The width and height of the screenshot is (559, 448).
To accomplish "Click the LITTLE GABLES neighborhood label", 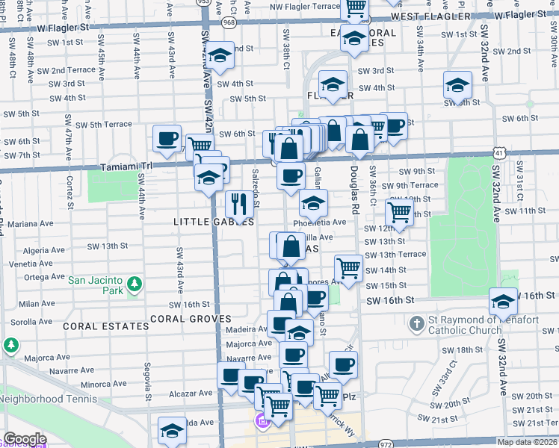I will (214, 222).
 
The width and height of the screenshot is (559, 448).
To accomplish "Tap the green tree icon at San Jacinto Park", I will (134, 284).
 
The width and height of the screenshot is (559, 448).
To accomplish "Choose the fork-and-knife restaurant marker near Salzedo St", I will (238, 203).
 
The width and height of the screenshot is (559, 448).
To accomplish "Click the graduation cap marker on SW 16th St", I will (503, 301).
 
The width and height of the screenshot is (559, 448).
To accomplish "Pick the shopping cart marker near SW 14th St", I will (348, 267).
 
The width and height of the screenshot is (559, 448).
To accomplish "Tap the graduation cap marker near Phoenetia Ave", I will (313, 202).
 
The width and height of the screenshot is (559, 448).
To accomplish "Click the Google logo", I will (25, 440).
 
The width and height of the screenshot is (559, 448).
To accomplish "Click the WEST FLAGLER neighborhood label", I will (431, 16).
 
